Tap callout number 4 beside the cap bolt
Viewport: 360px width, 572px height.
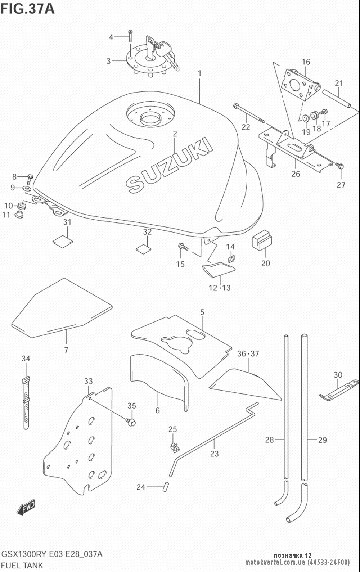click(x=111, y=37)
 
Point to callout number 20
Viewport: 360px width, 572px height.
click(x=266, y=263)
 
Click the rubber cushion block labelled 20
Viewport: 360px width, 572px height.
click(x=262, y=239)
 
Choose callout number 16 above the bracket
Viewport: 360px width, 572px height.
click(x=306, y=62)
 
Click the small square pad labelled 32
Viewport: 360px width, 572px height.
click(x=143, y=249)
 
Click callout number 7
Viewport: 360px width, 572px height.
click(x=66, y=350)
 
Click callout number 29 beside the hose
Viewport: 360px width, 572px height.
click(x=323, y=440)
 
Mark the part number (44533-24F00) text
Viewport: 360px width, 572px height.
click(x=329, y=562)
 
